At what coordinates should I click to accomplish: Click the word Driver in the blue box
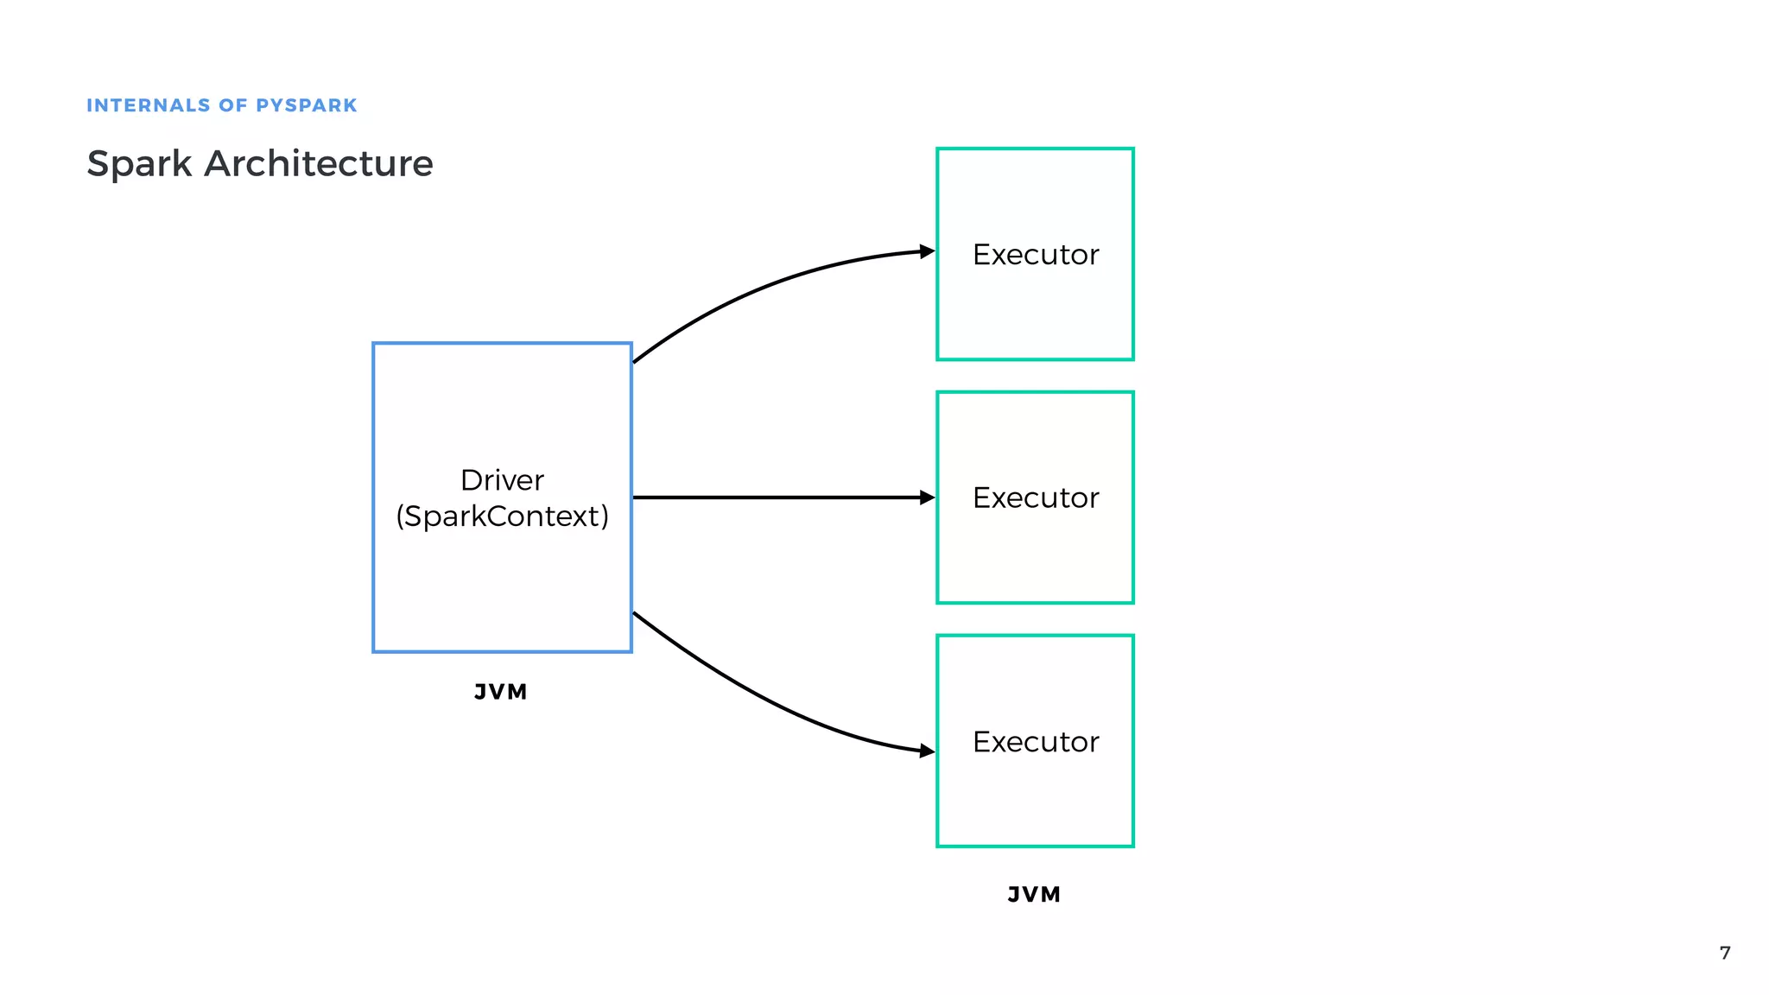click(502, 480)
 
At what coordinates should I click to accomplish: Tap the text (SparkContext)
click(502, 517)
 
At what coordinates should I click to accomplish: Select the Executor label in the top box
click(1035, 255)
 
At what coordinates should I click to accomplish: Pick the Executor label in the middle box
click(1035, 498)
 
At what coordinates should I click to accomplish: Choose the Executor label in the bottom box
click(1035, 742)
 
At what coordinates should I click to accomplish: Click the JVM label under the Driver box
click(501, 692)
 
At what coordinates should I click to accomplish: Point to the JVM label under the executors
click(1034, 895)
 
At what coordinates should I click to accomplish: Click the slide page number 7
click(1725, 953)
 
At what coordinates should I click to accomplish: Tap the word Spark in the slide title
click(139, 164)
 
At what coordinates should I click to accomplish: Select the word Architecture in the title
click(318, 163)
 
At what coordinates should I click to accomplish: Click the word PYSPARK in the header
click(307, 105)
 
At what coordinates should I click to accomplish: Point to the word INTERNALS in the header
click(148, 105)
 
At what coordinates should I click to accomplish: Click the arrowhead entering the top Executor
click(928, 251)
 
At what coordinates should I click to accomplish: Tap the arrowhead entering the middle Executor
click(928, 497)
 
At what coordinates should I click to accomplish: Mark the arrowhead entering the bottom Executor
click(928, 751)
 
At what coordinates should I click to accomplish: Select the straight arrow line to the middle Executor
click(777, 497)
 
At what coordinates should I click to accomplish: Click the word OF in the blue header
click(233, 105)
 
